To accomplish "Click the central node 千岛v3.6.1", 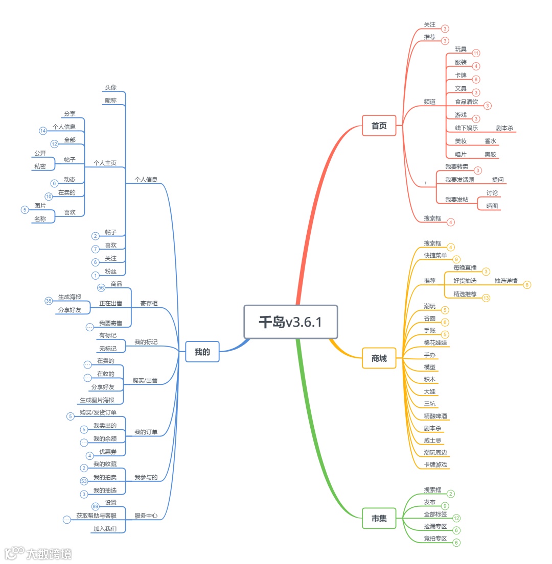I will (x=291, y=322).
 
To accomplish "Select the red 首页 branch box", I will (x=379, y=126).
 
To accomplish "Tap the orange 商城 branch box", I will (x=379, y=358).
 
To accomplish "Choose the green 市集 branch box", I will (x=379, y=519).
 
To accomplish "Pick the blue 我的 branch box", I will (x=202, y=352).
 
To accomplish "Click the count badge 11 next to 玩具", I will (x=476, y=53).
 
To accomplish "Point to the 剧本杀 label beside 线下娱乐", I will (x=504, y=128).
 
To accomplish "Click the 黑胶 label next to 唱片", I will (x=490, y=154).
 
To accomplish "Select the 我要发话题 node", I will (x=459, y=180).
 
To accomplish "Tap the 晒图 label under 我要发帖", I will (x=492, y=206).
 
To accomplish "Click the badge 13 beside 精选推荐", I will (x=486, y=298).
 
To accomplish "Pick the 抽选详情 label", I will (x=505, y=281).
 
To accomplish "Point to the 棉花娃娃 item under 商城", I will (x=435, y=342).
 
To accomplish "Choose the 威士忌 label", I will (x=432, y=440).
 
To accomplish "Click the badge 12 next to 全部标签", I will (x=456, y=518).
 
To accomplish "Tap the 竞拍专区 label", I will (x=435, y=538).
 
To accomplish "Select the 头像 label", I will (x=111, y=87).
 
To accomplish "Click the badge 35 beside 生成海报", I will (x=49, y=301).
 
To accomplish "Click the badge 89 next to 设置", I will (x=96, y=506).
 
